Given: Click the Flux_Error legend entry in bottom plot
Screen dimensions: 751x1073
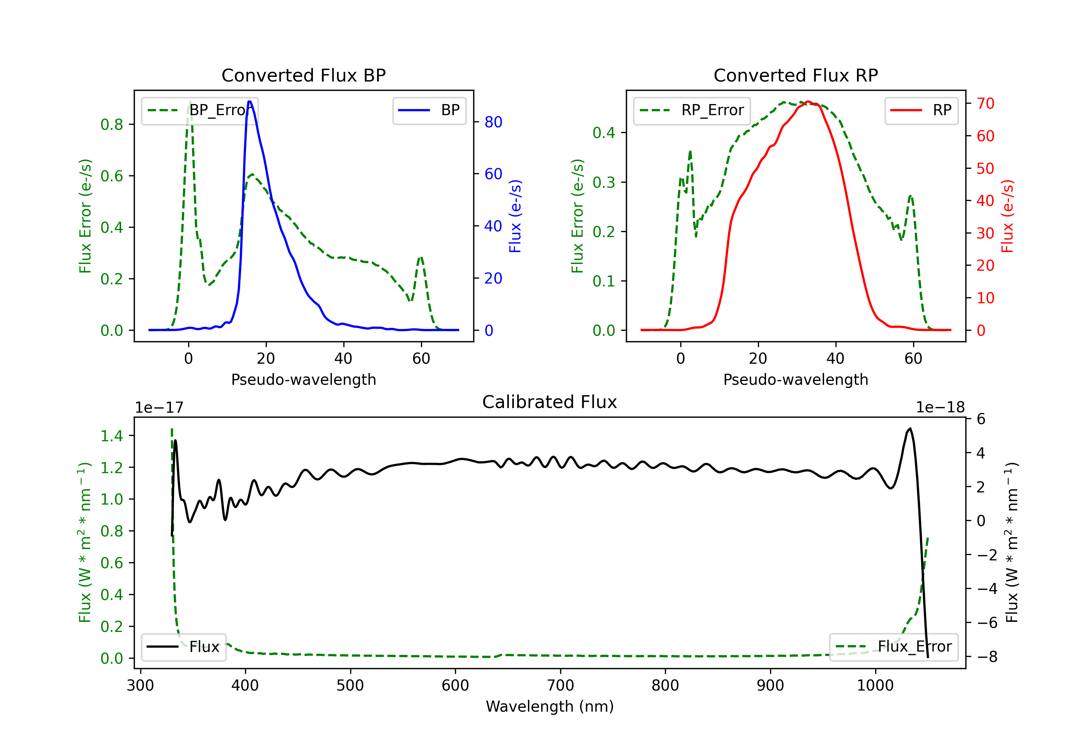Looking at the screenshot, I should [x=893, y=647].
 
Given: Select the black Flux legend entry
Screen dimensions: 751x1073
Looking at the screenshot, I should [x=184, y=647].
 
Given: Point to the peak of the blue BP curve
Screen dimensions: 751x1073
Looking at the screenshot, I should [x=250, y=102].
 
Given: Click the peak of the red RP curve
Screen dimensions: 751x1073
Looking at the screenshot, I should [x=808, y=102].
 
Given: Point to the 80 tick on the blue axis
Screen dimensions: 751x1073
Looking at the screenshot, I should [x=493, y=122].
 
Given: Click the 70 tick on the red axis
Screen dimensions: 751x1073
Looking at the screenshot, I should [x=985, y=104].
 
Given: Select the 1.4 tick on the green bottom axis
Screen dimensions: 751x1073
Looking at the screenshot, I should [x=112, y=436].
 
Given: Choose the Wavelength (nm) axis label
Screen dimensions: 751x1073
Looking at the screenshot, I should [x=550, y=707].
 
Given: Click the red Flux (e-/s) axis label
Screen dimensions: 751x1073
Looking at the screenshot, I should [x=1007, y=216].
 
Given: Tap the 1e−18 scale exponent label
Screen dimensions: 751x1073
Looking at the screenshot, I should [x=940, y=408].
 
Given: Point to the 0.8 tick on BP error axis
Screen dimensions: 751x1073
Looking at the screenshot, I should [x=112, y=124].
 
